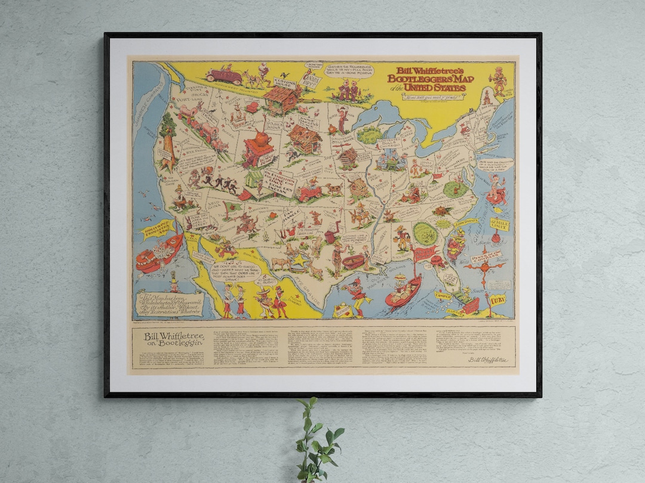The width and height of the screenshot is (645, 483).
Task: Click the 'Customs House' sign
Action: pos(284,82)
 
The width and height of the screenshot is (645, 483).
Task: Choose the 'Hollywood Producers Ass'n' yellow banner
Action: pos(157,228)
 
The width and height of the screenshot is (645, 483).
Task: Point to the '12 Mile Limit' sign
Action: pos(499,224)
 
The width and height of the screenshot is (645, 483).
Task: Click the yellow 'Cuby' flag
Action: pos(497,300)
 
